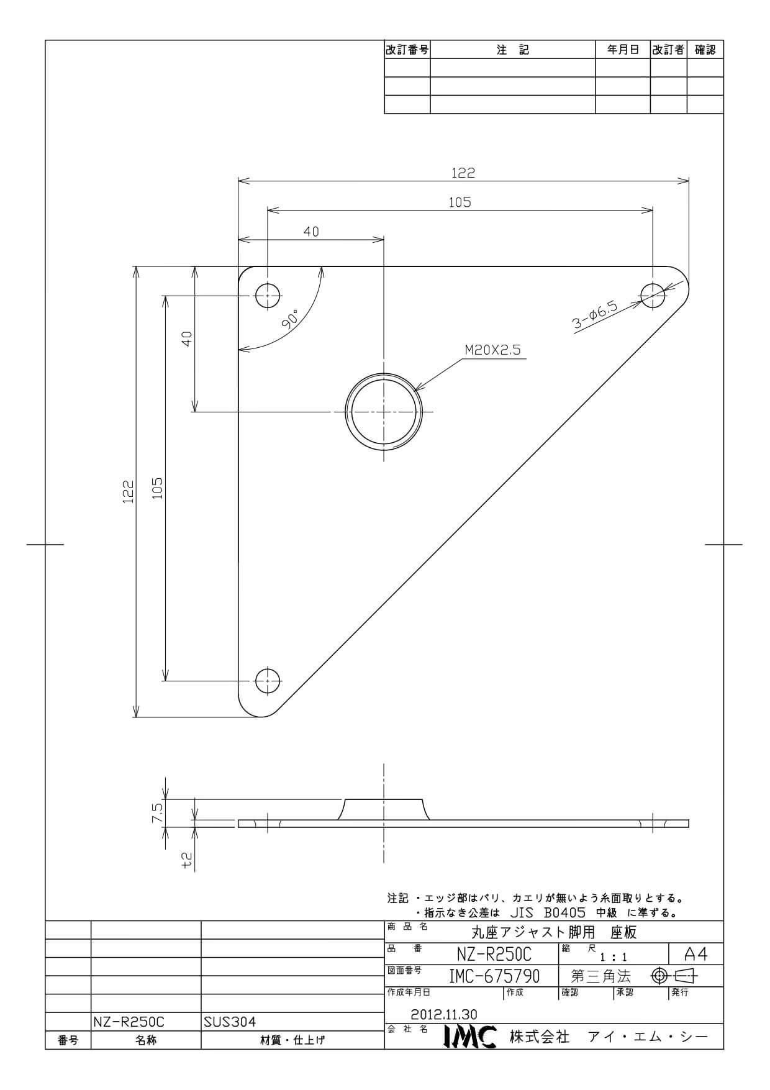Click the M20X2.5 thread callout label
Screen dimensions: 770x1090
point(492,350)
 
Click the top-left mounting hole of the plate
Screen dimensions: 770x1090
point(268,296)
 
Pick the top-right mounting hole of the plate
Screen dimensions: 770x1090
point(653,296)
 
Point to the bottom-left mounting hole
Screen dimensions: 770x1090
point(268,681)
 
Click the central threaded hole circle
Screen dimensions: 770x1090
point(384,412)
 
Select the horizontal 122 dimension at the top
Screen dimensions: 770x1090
point(463,173)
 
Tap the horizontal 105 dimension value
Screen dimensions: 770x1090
point(460,202)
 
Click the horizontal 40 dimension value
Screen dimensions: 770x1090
point(311,232)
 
